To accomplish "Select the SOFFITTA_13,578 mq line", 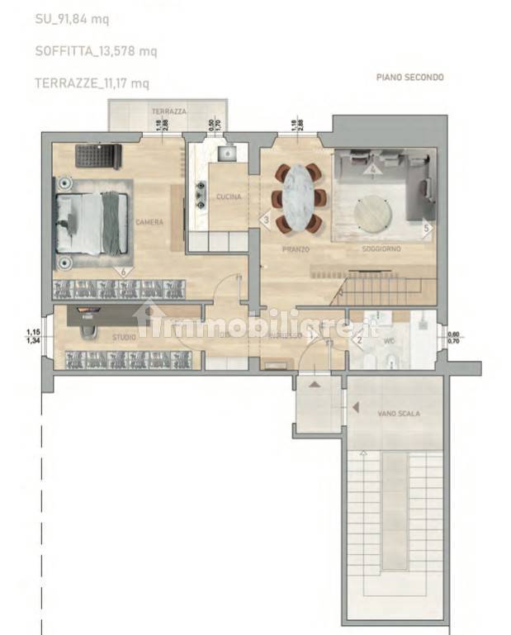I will (x=97, y=51).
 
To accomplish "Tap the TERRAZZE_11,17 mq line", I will (x=92, y=83).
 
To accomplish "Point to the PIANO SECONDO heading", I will (x=409, y=78).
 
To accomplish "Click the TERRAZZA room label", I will (x=168, y=111).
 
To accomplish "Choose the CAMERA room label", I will (x=150, y=222).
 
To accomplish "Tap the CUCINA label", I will (x=228, y=197).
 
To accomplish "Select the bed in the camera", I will (x=92, y=222).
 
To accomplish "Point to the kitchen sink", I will (x=225, y=154).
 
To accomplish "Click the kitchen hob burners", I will (x=199, y=195).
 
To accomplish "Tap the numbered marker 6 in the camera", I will (x=124, y=270).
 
